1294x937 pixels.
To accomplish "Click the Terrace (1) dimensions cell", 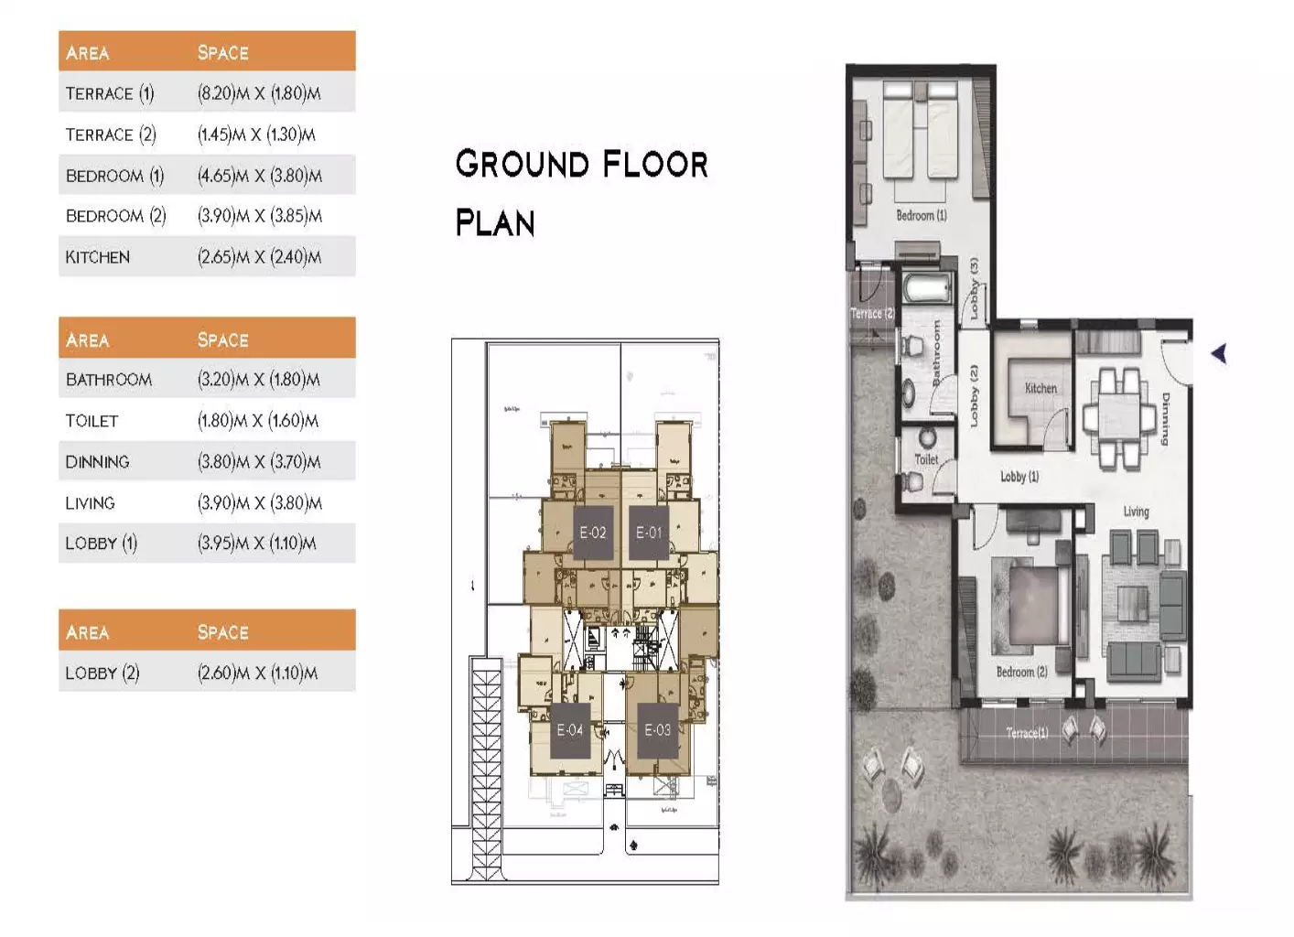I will [259, 93].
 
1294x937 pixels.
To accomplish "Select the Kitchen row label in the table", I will [97, 257].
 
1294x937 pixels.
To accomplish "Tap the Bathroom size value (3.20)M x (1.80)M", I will [259, 380].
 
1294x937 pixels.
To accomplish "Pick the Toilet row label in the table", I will [92, 421].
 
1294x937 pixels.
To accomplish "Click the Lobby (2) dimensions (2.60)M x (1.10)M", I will [257, 673].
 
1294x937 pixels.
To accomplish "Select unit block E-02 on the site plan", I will [592, 533].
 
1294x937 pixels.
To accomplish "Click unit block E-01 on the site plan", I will [649, 533].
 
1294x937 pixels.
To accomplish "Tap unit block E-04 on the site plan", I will [569, 730].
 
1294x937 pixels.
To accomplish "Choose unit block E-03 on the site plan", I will [657, 730].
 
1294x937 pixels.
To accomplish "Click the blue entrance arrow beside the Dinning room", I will [1218, 353].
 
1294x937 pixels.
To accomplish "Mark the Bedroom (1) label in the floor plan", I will [921, 216].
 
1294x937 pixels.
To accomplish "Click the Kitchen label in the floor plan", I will [1041, 388].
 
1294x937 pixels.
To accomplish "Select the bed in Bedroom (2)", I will [1037, 604].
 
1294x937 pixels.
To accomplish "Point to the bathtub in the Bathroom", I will [927, 290].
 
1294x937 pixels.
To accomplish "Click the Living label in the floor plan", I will [1136, 512].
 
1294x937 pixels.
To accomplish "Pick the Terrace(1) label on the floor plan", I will [1026, 733].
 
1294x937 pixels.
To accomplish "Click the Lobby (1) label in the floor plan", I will [1019, 477].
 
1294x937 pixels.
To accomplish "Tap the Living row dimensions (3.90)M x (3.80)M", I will [259, 503].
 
